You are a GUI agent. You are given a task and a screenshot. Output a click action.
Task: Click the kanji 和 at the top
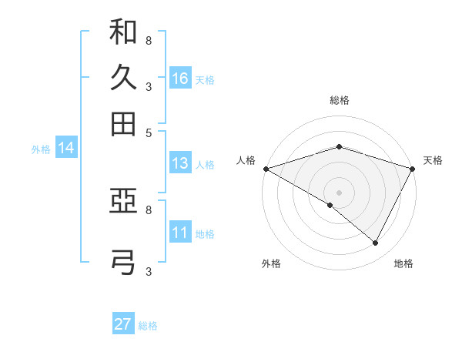click(x=123, y=32)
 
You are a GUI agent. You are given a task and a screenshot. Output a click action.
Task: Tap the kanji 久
click(x=123, y=78)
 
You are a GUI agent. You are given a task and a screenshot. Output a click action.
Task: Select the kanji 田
click(x=123, y=122)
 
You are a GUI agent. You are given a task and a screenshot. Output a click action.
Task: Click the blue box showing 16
click(x=180, y=78)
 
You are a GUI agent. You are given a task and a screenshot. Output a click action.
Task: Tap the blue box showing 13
click(x=180, y=163)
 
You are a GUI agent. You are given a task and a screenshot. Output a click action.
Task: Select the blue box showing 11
click(x=180, y=233)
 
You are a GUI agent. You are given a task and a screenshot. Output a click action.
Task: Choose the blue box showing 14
click(x=65, y=148)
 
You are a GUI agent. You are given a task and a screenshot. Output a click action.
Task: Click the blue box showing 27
click(x=123, y=323)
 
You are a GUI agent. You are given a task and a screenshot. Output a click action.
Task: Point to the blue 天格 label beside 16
click(x=205, y=79)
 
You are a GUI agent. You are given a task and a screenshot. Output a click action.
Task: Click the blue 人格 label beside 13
click(x=205, y=165)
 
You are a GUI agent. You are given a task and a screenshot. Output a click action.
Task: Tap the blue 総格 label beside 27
click(x=148, y=326)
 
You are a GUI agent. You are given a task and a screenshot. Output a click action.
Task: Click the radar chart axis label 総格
click(x=340, y=100)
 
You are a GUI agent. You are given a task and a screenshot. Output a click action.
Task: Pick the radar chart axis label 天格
click(x=434, y=160)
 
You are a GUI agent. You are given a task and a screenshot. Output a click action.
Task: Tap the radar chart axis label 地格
click(x=403, y=264)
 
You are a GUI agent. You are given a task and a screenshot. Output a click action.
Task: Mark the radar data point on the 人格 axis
click(x=266, y=169)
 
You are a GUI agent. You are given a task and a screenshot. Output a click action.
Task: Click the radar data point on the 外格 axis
click(x=330, y=205)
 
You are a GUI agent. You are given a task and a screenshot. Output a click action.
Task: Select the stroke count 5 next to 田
click(x=149, y=132)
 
